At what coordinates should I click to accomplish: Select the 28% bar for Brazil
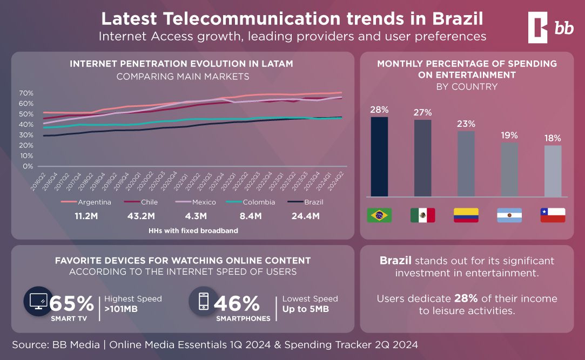379,157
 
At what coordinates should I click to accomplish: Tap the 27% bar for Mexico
422,158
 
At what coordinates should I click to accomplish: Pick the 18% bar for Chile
553,171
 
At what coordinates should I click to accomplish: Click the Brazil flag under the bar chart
379,215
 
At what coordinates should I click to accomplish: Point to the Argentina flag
509,215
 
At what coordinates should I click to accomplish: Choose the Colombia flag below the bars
466,215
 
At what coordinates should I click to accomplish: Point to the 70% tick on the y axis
26,93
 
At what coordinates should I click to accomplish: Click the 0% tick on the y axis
28,166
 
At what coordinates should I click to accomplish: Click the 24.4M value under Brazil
305,216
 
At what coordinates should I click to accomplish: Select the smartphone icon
203,301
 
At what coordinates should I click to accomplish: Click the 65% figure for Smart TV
72,303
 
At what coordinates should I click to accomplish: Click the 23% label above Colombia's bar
466,124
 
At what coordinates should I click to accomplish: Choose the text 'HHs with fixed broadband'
193,230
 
